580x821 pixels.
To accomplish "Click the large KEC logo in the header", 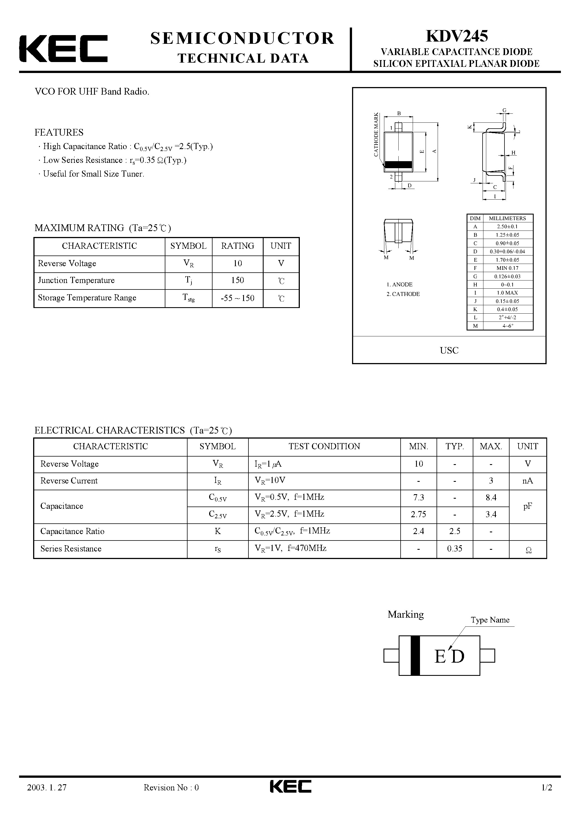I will point(63,49).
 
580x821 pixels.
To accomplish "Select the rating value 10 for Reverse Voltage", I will point(238,264).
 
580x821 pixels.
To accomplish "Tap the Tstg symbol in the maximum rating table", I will point(188,298).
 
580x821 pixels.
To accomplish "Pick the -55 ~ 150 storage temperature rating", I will point(238,298).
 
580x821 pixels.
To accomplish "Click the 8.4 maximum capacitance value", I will point(491,497).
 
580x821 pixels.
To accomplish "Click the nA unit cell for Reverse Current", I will point(528,481).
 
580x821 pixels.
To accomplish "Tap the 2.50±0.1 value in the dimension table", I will point(507,226).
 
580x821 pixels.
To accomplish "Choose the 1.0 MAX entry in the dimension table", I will point(507,293).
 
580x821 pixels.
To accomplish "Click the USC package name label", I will point(449,350).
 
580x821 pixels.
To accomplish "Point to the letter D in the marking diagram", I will point(458,656).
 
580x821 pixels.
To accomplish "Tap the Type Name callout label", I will point(490,620).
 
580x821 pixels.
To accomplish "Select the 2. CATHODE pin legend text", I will point(403,294).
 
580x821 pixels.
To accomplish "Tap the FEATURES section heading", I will point(59,132).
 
